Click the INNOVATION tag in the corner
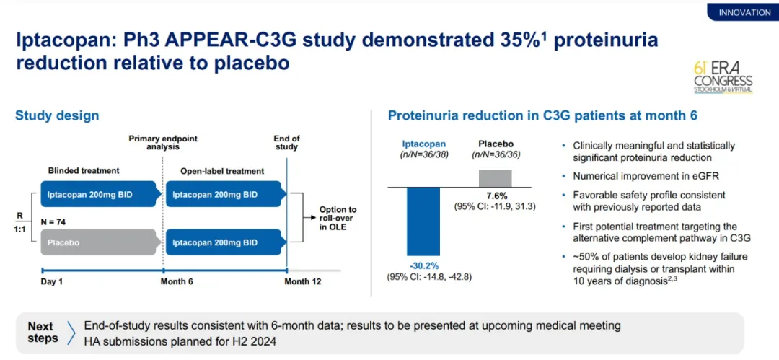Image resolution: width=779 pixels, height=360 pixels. tap(744, 12)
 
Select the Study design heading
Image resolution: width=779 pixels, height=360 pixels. tap(57, 115)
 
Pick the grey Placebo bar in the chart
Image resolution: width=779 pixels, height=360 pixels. tap(496, 178)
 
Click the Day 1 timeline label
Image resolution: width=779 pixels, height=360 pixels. tap(51, 281)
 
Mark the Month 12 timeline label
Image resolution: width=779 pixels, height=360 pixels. tap(302, 281)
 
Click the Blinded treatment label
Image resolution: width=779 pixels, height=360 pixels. tap(84, 171)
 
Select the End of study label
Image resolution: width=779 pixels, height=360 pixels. tap(286, 142)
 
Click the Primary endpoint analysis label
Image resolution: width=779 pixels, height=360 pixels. tap(163, 142)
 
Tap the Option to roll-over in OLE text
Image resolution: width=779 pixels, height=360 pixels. tap(338, 219)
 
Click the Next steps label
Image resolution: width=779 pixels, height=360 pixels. tap(43, 333)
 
